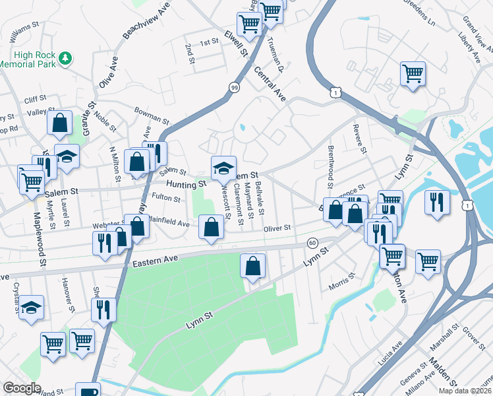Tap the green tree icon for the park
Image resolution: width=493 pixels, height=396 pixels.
(65, 59)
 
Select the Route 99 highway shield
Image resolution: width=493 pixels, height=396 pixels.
(234, 86)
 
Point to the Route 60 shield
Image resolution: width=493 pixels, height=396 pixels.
(312, 243)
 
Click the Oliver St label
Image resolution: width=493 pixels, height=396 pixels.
(277, 228)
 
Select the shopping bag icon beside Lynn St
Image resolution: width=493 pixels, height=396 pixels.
(253, 267)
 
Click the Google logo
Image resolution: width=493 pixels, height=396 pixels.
(22, 388)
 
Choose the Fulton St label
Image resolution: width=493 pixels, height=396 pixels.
(165, 198)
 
